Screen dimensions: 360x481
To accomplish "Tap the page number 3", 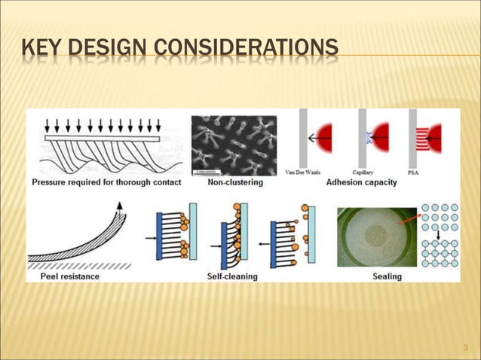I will pyautogui.click(x=466, y=347).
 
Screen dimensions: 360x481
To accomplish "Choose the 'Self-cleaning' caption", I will pyautogui.click(x=232, y=276).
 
